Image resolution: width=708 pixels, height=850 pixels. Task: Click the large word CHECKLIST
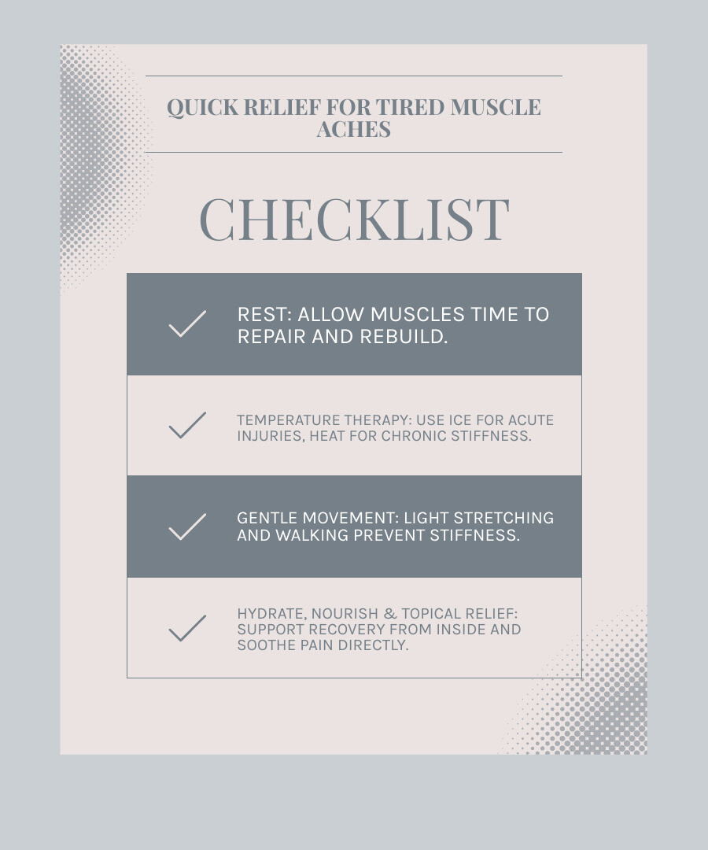(x=354, y=219)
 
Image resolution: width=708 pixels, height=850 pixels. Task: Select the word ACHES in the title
(x=354, y=129)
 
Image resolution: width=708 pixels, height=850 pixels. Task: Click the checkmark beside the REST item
(x=187, y=323)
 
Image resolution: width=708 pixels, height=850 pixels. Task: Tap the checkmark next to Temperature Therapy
(x=187, y=425)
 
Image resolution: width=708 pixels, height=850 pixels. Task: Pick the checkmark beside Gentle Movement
(x=187, y=527)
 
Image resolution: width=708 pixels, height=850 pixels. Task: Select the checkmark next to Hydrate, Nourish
(x=187, y=628)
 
